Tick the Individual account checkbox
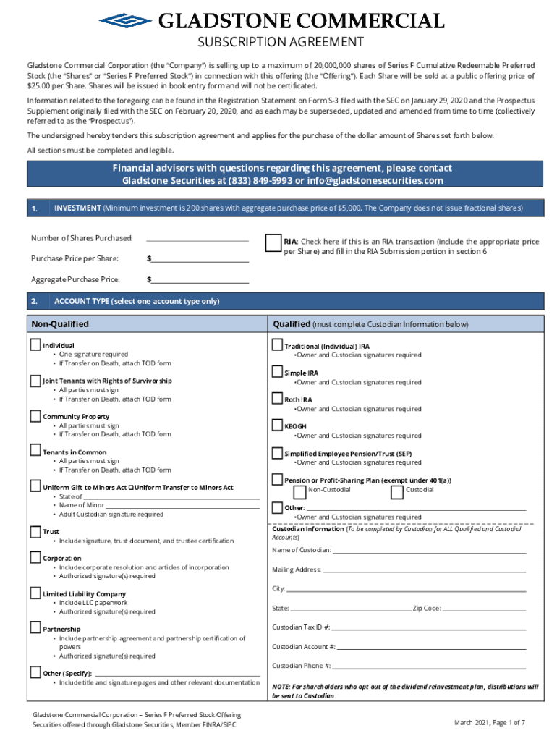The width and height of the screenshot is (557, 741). point(35,345)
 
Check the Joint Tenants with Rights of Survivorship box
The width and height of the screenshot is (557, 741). point(35,381)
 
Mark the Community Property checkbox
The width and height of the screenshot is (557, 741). point(35,416)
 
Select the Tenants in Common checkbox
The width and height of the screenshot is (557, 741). point(35,452)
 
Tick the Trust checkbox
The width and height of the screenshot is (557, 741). point(35,532)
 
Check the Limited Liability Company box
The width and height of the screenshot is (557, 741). point(35,593)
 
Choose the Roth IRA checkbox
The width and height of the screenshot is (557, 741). point(277,399)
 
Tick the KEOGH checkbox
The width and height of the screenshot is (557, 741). point(277,425)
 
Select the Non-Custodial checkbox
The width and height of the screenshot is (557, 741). point(299,492)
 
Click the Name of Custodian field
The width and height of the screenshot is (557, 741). point(429,551)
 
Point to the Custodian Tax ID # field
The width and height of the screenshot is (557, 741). point(429,627)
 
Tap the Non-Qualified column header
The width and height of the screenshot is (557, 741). point(60,324)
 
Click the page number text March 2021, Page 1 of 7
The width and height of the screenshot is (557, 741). point(490,723)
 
